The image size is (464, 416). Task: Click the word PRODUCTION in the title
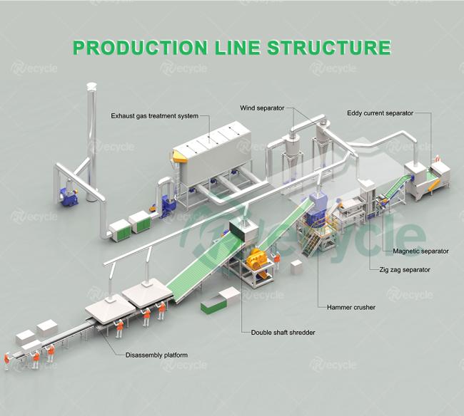click(140, 47)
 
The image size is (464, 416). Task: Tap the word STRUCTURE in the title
click(329, 47)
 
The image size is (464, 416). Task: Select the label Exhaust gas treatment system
click(154, 116)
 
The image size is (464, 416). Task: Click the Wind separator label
click(262, 108)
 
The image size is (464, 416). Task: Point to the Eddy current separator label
click(380, 113)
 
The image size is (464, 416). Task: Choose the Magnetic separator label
click(420, 251)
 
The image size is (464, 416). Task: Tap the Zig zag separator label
click(405, 269)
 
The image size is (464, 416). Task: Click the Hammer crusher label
click(351, 307)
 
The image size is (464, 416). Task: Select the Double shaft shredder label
click(283, 333)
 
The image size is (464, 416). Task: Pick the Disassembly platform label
click(156, 355)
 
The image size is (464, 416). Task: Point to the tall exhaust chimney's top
click(91, 86)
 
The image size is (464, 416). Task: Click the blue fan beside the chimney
click(69, 197)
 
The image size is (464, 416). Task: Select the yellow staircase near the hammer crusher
click(311, 241)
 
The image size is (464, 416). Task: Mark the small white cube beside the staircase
click(296, 268)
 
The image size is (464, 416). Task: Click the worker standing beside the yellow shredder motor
click(277, 259)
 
